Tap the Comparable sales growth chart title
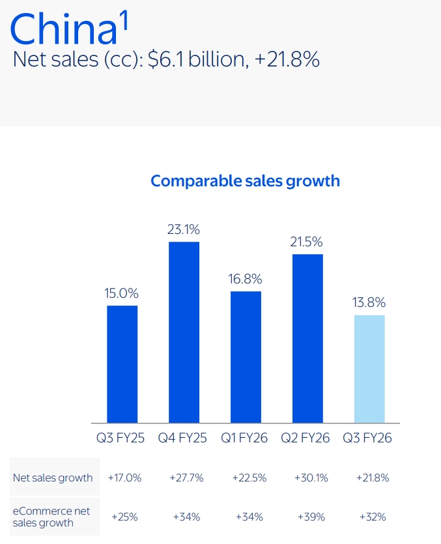click(x=245, y=180)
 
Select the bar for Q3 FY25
click(x=122, y=364)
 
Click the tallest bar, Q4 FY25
click(x=184, y=332)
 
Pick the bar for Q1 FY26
click(x=246, y=357)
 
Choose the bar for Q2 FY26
click(x=307, y=339)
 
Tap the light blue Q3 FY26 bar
click(x=369, y=369)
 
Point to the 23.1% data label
click(x=184, y=229)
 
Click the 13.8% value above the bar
click(x=369, y=302)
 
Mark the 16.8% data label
click(x=246, y=279)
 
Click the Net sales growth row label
click(x=53, y=478)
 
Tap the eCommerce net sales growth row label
click(x=52, y=517)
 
